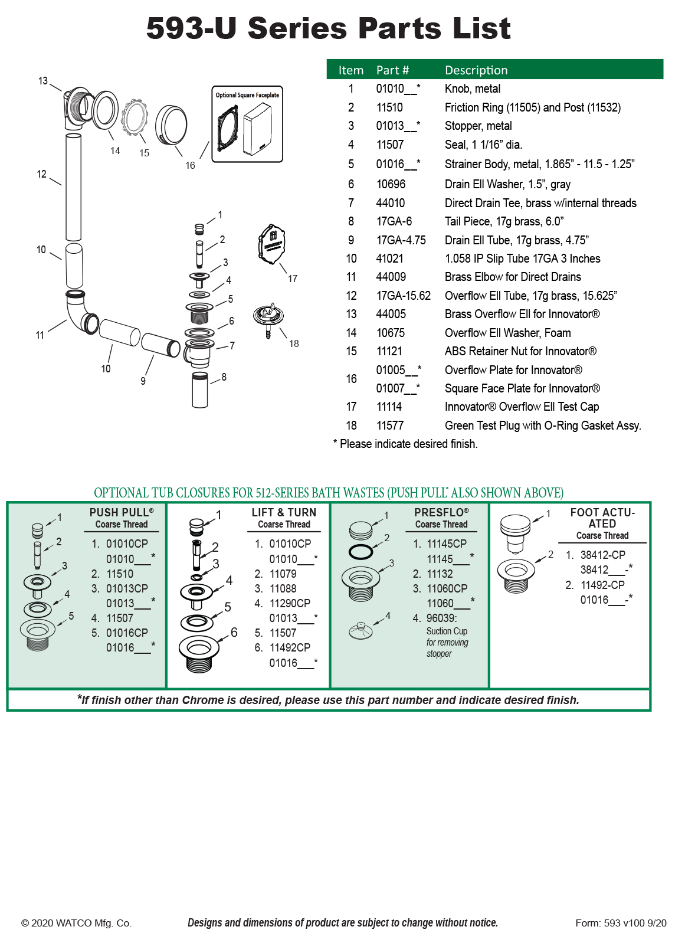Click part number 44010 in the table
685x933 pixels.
point(391,203)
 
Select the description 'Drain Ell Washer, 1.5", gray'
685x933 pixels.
point(507,184)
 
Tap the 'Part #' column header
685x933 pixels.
point(392,70)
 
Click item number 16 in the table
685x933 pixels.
point(352,379)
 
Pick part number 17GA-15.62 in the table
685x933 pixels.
point(404,296)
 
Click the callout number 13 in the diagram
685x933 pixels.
point(43,81)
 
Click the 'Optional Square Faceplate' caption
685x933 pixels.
point(247,95)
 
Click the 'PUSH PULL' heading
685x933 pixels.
point(122,512)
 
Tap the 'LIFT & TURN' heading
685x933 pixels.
point(284,512)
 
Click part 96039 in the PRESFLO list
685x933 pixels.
point(441,618)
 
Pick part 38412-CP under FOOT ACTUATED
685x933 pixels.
point(602,555)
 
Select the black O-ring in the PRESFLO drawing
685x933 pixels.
point(360,552)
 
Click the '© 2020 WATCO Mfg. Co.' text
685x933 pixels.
point(76,923)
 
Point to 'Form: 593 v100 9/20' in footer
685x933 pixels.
point(621,923)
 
